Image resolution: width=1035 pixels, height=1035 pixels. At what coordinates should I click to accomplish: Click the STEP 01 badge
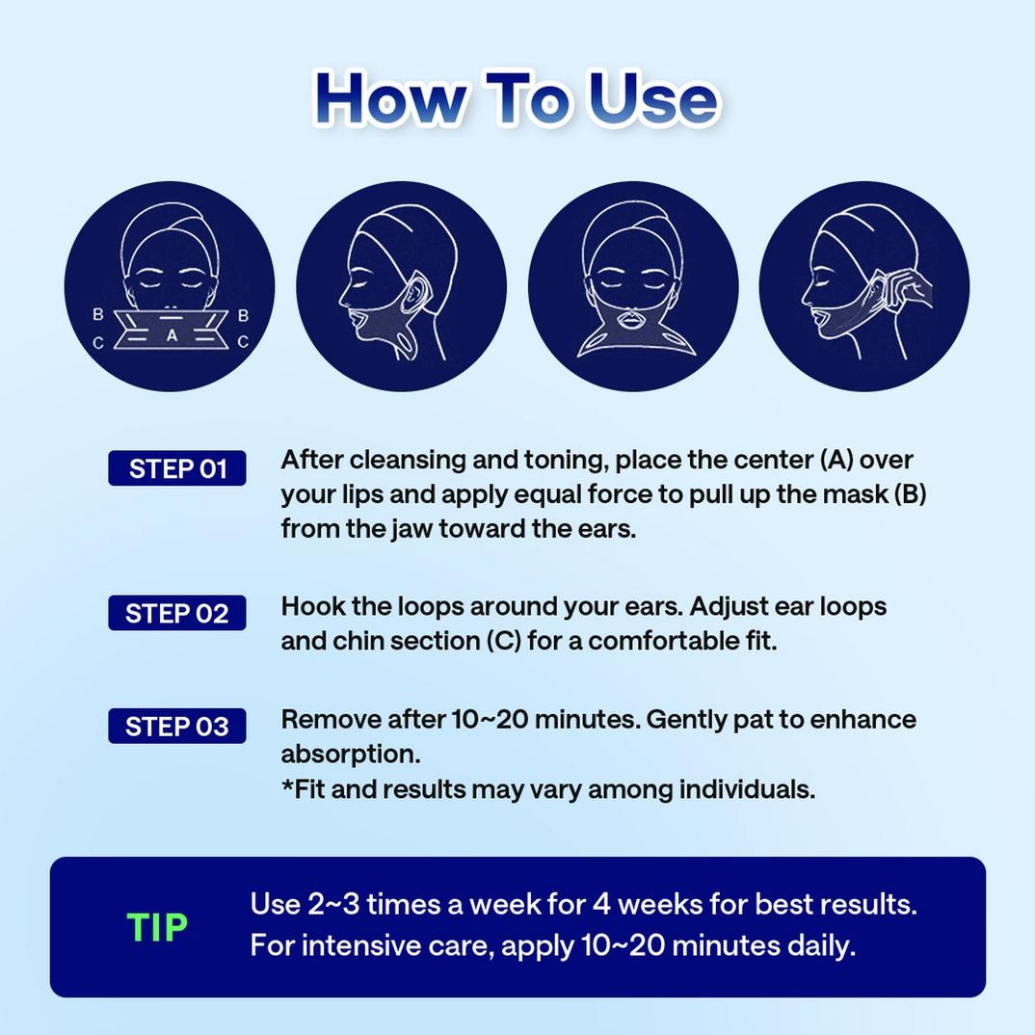tap(177, 468)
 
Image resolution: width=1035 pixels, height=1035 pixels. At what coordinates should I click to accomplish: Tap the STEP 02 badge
tap(177, 613)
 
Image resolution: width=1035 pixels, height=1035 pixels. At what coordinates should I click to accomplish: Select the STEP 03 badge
tap(177, 726)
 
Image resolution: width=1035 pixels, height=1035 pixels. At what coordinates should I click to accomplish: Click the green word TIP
tap(157, 927)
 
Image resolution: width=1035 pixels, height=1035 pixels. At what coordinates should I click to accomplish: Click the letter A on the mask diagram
tap(171, 335)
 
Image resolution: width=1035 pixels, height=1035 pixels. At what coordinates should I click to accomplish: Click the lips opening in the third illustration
tap(633, 318)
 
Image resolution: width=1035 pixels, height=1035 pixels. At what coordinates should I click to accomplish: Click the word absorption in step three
tap(350, 755)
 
